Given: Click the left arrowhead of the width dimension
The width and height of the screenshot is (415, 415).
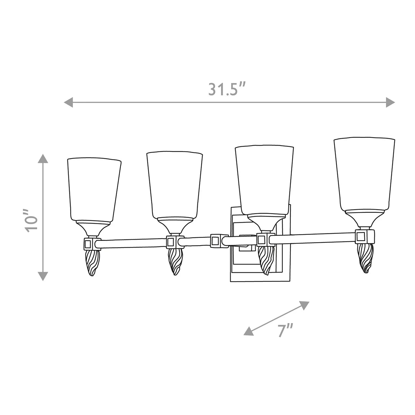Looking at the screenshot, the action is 68,102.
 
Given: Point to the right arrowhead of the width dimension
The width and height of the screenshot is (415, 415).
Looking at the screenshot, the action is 390,102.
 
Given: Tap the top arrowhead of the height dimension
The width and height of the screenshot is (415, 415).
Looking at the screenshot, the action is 43,158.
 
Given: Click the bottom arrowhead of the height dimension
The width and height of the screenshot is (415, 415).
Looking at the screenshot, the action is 43,276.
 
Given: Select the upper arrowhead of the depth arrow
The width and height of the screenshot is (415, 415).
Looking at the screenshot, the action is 304,305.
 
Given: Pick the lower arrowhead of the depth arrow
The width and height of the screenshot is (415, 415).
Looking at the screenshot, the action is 249,336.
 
